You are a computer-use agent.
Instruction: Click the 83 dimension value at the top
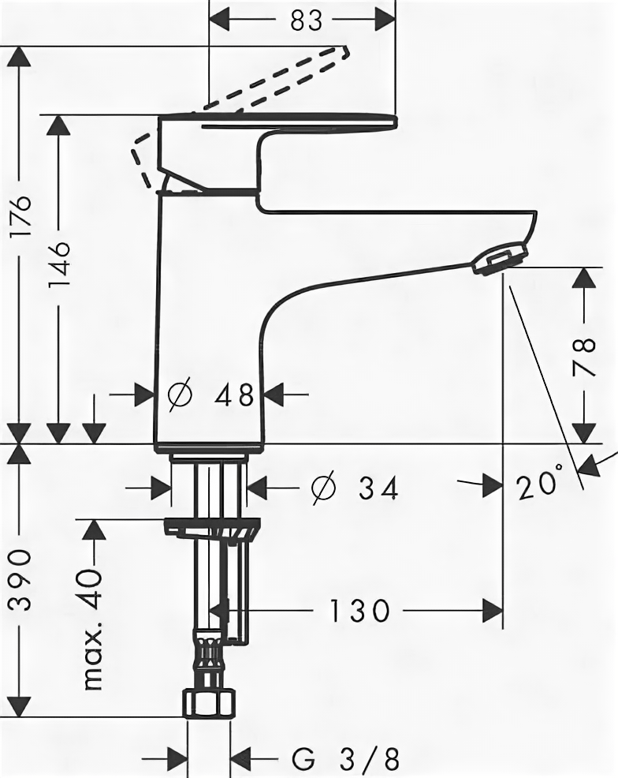pos(306,20)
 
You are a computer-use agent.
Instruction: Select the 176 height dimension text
pos(21,217)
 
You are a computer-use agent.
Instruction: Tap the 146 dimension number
pos(60,264)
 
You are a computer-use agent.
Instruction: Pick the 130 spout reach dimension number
pos(359,609)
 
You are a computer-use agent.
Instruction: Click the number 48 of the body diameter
pos(234,394)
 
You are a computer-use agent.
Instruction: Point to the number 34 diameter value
pos(378,488)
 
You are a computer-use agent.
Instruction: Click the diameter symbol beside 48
pos(181,394)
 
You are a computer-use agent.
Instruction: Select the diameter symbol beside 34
pos(323,488)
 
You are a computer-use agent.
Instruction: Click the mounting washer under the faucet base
pos(211,527)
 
